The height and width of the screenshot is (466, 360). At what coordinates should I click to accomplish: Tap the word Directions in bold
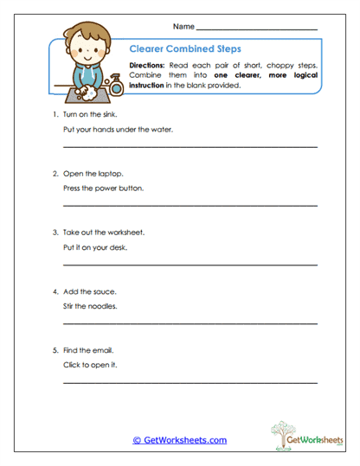148,66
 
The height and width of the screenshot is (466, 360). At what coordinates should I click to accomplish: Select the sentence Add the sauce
89,291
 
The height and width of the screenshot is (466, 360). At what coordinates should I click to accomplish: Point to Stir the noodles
89,306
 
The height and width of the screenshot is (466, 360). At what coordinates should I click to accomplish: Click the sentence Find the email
88,350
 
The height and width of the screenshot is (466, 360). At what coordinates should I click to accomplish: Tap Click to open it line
91,365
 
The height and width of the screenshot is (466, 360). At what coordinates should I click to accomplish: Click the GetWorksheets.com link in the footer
179,440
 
